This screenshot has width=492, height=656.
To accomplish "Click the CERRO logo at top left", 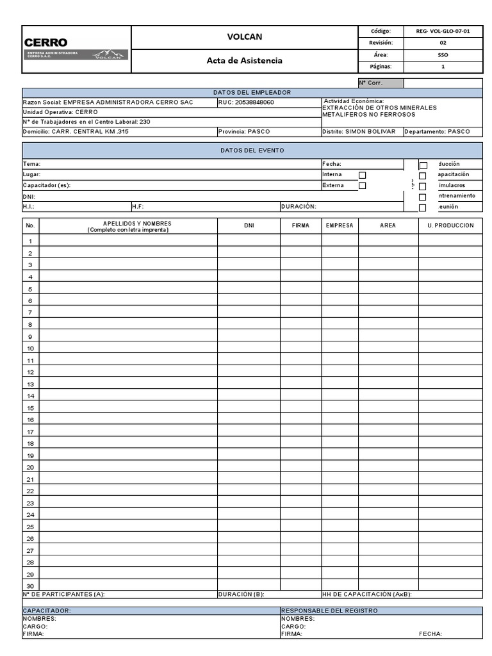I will click(46, 42).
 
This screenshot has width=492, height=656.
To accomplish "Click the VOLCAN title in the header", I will click(244, 37).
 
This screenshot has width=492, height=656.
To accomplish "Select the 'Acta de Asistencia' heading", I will click(244, 61).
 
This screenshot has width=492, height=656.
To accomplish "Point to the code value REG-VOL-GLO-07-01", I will click(443, 31).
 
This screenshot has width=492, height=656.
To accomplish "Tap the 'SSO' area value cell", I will click(443, 54).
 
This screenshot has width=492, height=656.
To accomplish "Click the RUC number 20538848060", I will click(246, 102).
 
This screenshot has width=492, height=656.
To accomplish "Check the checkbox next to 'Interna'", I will click(363, 175).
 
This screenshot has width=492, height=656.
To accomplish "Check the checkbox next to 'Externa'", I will click(363, 186).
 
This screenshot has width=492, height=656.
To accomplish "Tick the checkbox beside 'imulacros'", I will click(423, 186).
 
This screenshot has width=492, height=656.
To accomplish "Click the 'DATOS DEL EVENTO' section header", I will click(252, 151).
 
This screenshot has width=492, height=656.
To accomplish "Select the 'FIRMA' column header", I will click(300, 225).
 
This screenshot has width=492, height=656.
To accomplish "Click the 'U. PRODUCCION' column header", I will click(450, 225).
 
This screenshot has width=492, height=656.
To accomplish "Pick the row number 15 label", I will click(30, 408).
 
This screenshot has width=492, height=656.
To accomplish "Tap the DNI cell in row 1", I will click(249, 241).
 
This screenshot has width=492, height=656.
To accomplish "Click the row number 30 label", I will click(30, 586).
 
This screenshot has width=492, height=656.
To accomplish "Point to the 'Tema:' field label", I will click(31, 164).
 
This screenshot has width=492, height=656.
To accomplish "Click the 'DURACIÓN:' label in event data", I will click(299, 207).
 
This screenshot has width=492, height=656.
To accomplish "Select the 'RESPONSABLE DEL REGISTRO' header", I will click(329, 611).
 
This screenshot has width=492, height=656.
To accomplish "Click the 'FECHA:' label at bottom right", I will click(430, 634).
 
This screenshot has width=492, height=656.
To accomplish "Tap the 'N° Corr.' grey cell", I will click(381, 83).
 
